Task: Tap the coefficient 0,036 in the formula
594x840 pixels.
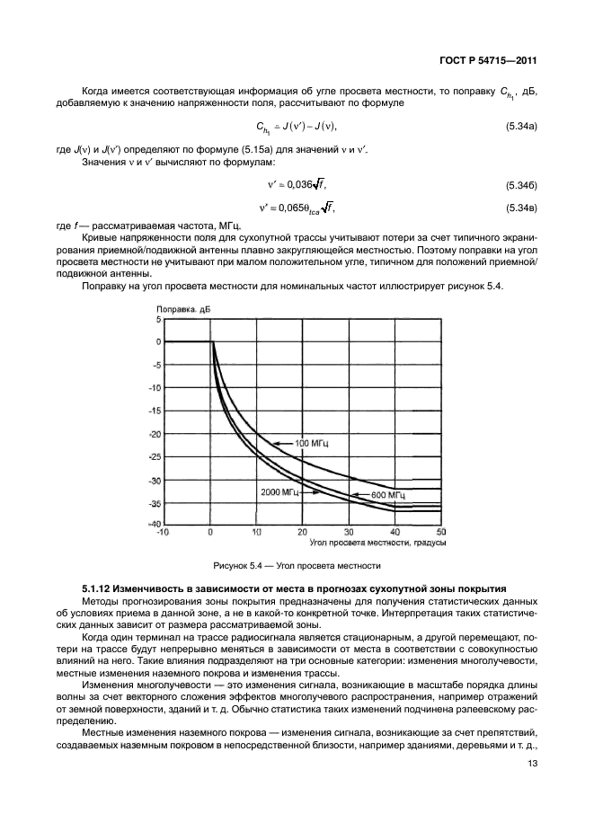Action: (292, 184)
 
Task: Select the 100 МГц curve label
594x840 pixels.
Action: (306, 443)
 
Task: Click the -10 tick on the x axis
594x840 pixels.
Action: (163, 532)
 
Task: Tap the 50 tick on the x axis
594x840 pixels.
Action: (441, 532)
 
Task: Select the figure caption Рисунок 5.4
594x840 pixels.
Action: (297, 566)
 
